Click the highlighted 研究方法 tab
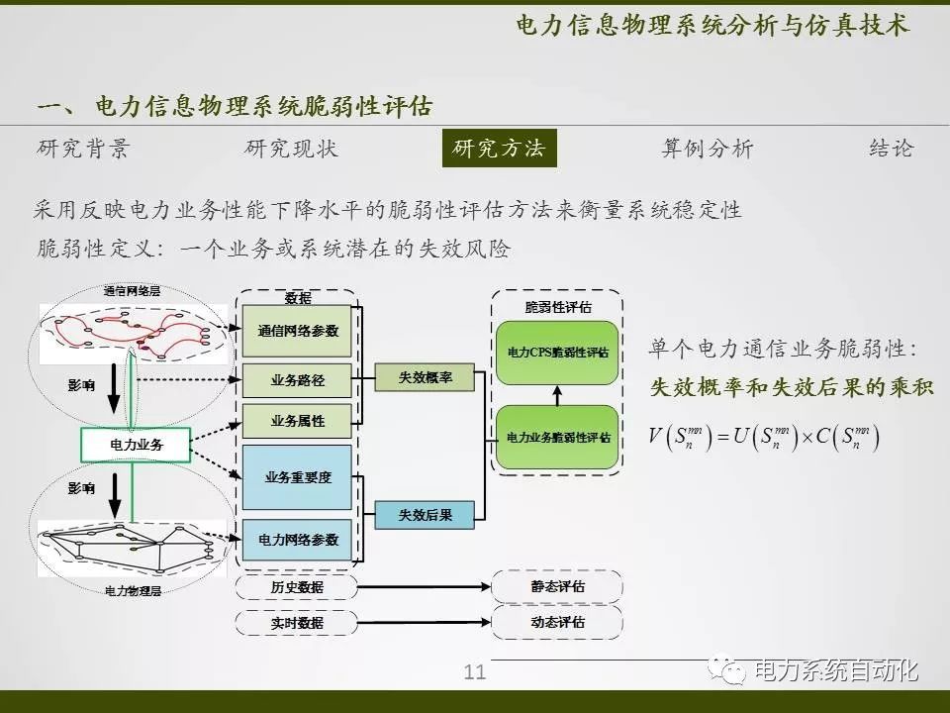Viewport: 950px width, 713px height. (x=499, y=149)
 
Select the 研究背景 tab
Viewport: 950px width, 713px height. (x=83, y=149)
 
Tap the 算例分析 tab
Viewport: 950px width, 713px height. (x=707, y=149)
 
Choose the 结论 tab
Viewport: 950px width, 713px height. (x=891, y=149)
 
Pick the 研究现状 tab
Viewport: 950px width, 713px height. (x=291, y=149)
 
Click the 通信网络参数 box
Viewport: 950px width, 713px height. (x=297, y=331)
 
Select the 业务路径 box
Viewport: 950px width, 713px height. (x=297, y=379)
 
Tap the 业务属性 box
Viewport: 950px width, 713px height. (x=297, y=421)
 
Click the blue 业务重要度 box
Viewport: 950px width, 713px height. (x=297, y=476)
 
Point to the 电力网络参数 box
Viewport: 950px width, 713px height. (x=297, y=540)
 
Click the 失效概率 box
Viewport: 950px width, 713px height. (x=426, y=377)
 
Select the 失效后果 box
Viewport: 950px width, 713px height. (x=426, y=515)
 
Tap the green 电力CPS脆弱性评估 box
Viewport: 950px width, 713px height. (x=557, y=353)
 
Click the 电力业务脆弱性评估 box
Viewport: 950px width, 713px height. (x=557, y=437)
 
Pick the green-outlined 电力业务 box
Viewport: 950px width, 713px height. (x=136, y=446)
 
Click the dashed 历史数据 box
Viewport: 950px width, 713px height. (x=297, y=587)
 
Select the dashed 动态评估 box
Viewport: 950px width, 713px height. (x=557, y=622)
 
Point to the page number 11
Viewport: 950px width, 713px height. (x=475, y=673)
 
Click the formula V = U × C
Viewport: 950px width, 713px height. (x=764, y=436)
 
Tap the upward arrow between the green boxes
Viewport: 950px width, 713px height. (x=557, y=395)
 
